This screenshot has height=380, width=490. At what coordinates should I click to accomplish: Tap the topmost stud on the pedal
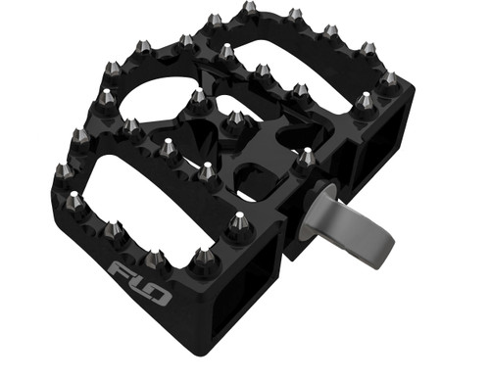pos(249,10)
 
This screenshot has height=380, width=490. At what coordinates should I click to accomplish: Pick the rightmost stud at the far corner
pos(389,78)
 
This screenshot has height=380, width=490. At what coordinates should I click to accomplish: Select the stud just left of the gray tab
pos(307,155)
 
